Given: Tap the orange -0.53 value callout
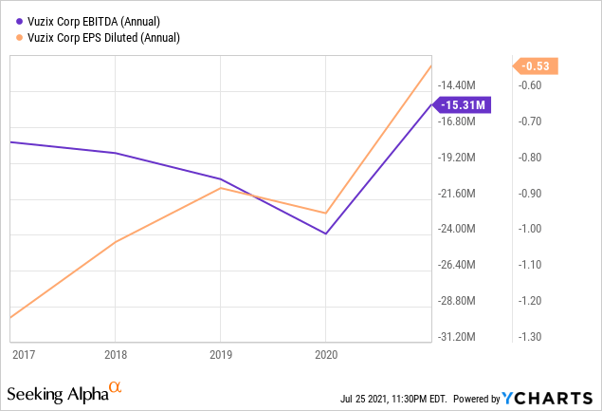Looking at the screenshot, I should (x=537, y=65).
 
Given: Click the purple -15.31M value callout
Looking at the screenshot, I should (x=464, y=104).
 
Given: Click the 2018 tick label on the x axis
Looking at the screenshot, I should (x=115, y=353).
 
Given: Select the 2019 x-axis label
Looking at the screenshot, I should (x=220, y=353).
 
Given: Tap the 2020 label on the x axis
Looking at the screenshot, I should (x=325, y=353).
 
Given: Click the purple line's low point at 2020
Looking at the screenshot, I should (x=325, y=234).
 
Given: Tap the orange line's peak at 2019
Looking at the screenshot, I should (x=220, y=188).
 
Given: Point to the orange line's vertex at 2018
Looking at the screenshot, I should (x=115, y=242).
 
